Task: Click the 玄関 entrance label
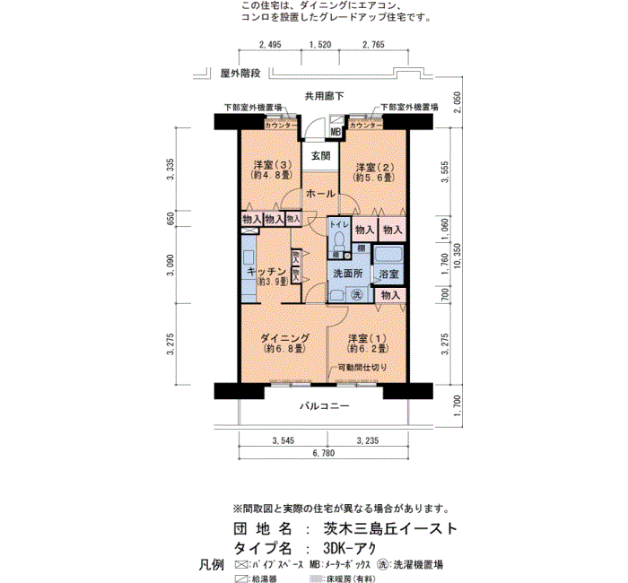coord(320,155)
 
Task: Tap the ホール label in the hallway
coord(320,194)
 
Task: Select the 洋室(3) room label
coord(270,166)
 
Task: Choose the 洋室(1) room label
coord(367,338)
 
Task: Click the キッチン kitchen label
coord(266,271)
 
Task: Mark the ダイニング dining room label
coord(285,338)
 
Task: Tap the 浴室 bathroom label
coord(388,272)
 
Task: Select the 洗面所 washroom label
coord(345,272)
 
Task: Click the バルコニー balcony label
coord(324,406)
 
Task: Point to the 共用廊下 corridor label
coord(323,95)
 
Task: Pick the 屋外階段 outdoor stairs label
coord(240,73)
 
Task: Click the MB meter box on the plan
coord(336,133)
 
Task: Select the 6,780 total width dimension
coord(323,455)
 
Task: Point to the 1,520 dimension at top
coord(319,44)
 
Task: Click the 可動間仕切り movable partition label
coord(362,368)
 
